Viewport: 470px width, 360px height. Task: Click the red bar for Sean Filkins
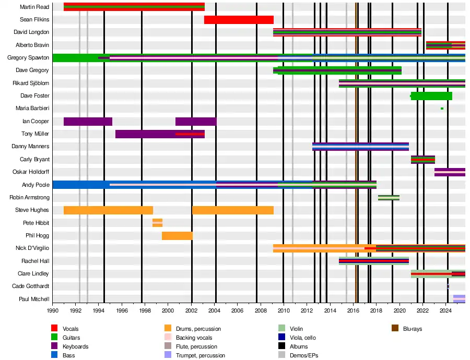coord(239,20)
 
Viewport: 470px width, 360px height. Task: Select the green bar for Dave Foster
coord(431,96)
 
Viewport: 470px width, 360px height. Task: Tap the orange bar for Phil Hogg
coord(177,236)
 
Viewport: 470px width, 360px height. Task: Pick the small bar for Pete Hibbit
coord(157,223)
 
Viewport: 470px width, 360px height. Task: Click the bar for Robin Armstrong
coord(389,198)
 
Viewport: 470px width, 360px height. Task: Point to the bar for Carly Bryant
coord(423,160)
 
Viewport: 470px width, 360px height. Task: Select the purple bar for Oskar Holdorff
coord(450,172)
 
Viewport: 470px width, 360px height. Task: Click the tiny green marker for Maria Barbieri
coord(442,109)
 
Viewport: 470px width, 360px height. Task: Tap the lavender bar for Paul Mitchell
coord(459,299)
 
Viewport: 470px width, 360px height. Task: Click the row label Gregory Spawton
coord(28,58)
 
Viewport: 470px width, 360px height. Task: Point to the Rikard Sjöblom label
coord(31,83)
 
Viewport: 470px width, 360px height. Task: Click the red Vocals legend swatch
coord(54,329)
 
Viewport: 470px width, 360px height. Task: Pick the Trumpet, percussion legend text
coord(201,355)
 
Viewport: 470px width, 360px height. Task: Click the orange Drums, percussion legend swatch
coord(168,329)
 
